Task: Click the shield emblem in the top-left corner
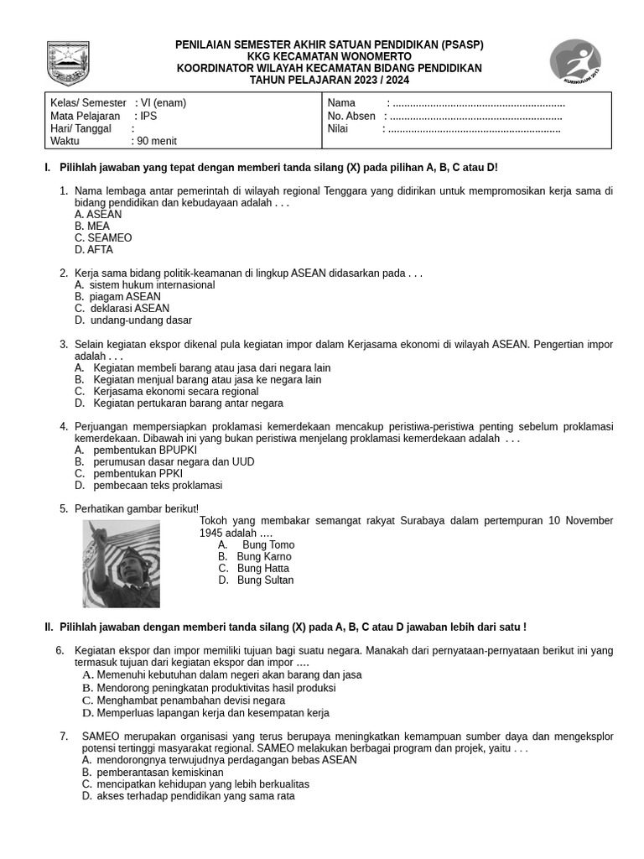[x=68, y=61]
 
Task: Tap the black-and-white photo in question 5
[x=121, y=563]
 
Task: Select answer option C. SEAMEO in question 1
[x=103, y=238]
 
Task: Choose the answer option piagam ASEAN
[x=125, y=297]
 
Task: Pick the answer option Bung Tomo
[x=267, y=545]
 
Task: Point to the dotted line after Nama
[x=478, y=103]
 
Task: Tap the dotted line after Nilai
[x=475, y=129]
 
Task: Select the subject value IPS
[x=148, y=117]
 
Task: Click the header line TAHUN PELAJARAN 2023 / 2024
[x=329, y=81]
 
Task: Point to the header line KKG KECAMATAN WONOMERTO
[x=329, y=56]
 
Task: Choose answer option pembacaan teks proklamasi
[x=158, y=486]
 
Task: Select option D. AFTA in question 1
[x=94, y=250]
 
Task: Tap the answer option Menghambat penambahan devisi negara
[x=190, y=700]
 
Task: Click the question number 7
[x=64, y=737]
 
